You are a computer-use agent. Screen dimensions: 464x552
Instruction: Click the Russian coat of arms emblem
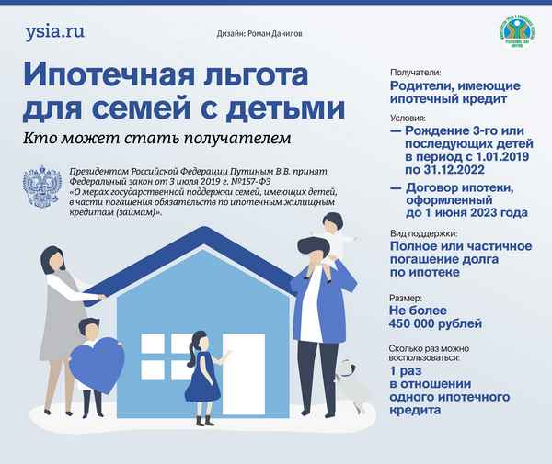40,187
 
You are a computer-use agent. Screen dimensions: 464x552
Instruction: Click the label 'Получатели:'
416,72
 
